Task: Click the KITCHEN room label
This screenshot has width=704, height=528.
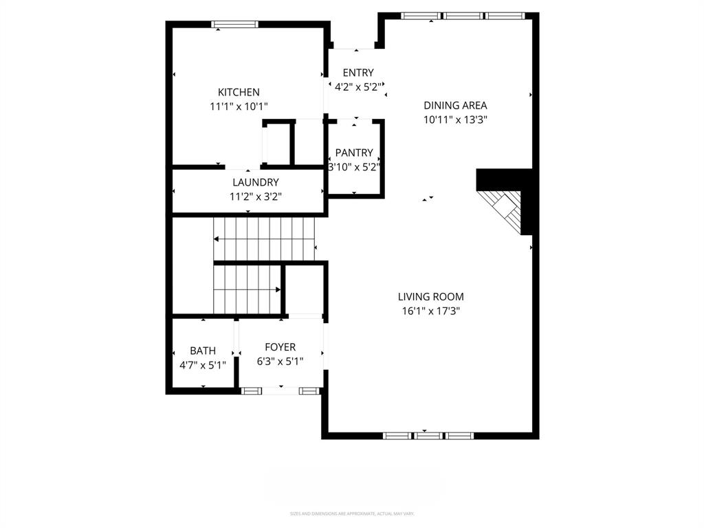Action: (x=239, y=92)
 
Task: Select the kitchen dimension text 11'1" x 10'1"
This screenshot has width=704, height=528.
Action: (x=239, y=107)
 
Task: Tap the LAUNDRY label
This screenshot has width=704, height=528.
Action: (x=255, y=182)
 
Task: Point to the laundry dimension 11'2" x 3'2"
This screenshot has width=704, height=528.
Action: (x=255, y=197)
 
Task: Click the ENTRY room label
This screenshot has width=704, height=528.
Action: (x=358, y=73)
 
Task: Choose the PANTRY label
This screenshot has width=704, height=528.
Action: (x=354, y=153)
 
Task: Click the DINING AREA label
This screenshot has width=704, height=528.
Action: (x=455, y=105)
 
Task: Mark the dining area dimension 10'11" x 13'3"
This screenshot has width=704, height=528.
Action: (x=455, y=120)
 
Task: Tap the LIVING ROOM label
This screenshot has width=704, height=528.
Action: (x=431, y=296)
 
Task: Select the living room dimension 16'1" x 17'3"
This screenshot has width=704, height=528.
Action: (x=431, y=311)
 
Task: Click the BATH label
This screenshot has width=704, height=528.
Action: (x=203, y=351)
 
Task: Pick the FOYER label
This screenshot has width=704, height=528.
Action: (x=280, y=347)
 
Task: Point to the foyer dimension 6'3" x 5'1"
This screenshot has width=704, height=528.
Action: (x=280, y=362)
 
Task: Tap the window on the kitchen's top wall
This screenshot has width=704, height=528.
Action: (x=235, y=24)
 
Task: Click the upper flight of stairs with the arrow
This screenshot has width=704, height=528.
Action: (x=265, y=239)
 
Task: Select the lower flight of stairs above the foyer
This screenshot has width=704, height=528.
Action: (x=247, y=289)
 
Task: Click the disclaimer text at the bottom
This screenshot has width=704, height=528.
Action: (x=352, y=514)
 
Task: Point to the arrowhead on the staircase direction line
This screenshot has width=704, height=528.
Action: (x=217, y=239)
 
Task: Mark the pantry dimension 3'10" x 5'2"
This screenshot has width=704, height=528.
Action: (x=355, y=167)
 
